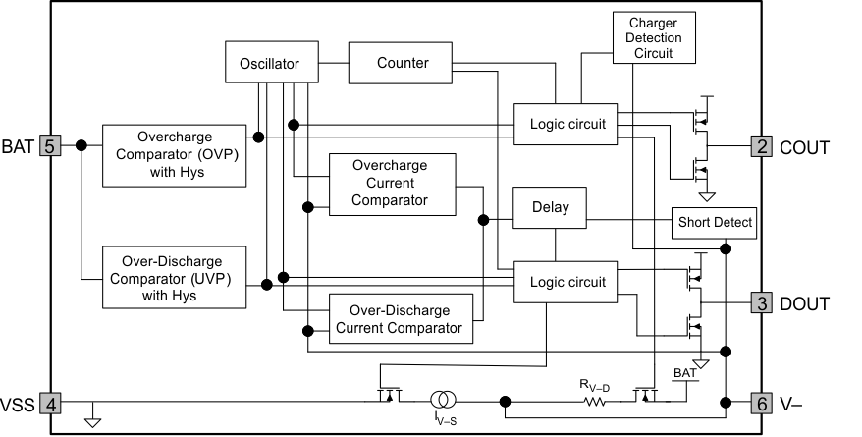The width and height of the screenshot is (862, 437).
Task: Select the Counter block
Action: coord(403,63)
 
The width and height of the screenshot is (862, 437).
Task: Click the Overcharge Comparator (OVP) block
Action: coord(175,155)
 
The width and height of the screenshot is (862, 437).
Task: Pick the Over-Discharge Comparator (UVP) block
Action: coord(175,278)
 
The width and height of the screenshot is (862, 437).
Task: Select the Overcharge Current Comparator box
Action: coord(393,184)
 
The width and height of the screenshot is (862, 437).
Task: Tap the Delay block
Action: coord(557,208)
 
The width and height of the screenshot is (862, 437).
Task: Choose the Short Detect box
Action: coord(715,223)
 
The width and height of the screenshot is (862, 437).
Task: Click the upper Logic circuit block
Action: coord(566,124)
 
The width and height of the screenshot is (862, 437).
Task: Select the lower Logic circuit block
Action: coord(566,282)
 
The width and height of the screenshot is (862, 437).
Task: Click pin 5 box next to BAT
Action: coord(50,145)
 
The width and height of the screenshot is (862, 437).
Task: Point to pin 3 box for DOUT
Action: coord(762,302)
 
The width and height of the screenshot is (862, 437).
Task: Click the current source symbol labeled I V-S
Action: coord(442,400)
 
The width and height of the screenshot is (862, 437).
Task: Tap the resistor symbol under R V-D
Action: coord(594,401)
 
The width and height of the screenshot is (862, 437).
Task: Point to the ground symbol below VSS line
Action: coord(92,422)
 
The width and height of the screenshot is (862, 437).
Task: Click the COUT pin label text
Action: coord(804,147)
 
